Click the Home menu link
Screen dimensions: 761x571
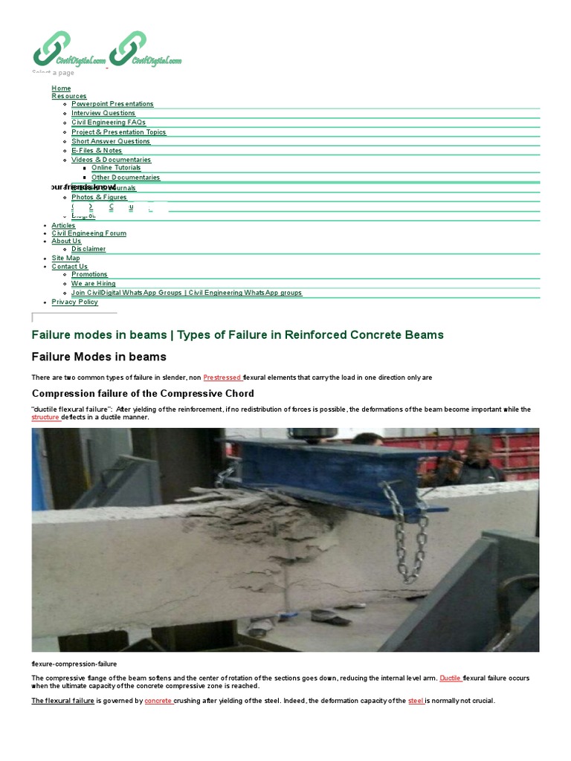tap(61, 88)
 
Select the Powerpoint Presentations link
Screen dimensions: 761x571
tap(112, 104)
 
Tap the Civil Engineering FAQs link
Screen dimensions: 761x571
tap(109, 123)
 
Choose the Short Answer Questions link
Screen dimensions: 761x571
tap(111, 141)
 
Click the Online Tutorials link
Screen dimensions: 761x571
tap(116, 168)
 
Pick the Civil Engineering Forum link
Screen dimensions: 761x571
tap(89, 233)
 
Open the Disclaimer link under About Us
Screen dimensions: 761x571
tap(88, 249)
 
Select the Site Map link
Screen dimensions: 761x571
tap(65, 258)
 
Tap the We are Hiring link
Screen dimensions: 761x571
tap(94, 284)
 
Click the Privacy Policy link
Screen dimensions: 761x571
tap(74, 302)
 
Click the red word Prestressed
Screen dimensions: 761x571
tap(222, 378)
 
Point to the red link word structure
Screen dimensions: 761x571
tap(45, 418)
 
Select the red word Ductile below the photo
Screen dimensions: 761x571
tap(451, 679)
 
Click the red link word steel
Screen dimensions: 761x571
tap(416, 701)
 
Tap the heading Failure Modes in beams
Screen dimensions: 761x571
tap(99, 357)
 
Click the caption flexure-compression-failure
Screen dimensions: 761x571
tap(74, 664)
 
